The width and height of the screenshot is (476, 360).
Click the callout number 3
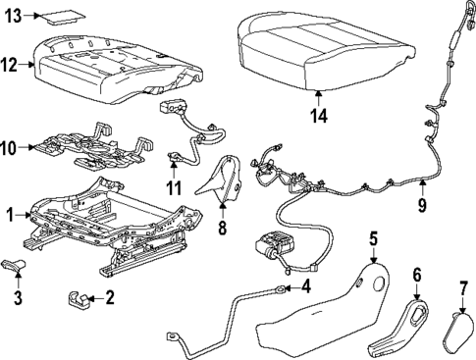pos(18,296)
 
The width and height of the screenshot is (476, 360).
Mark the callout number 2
pos(110,296)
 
